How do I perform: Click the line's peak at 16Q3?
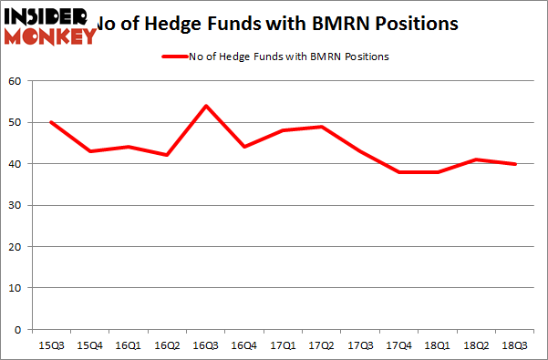205,106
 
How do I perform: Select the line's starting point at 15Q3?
51,122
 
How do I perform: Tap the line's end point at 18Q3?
514,164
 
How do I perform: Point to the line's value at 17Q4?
398,172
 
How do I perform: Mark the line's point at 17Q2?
321,127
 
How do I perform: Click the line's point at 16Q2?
167,155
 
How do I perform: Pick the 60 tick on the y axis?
16,81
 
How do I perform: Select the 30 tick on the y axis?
16,205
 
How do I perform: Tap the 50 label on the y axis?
16,122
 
